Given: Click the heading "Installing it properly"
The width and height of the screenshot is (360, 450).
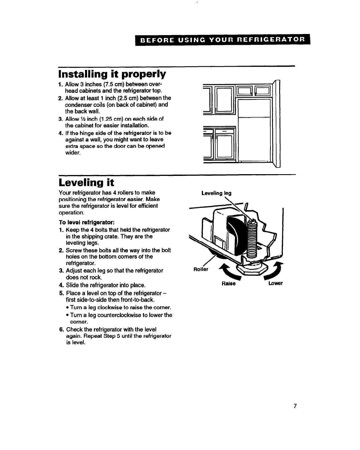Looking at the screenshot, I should [x=112, y=74].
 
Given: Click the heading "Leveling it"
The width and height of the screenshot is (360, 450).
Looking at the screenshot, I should [x=82, y=182].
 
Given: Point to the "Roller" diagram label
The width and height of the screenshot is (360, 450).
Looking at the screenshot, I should [x=201, y=269].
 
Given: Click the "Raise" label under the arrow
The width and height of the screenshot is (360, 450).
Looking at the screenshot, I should [x=228, y=284].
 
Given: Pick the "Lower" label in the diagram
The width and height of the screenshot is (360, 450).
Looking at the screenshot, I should [x=275, y=284].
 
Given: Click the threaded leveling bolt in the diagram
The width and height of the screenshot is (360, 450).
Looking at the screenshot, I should [x=252, y=240].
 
